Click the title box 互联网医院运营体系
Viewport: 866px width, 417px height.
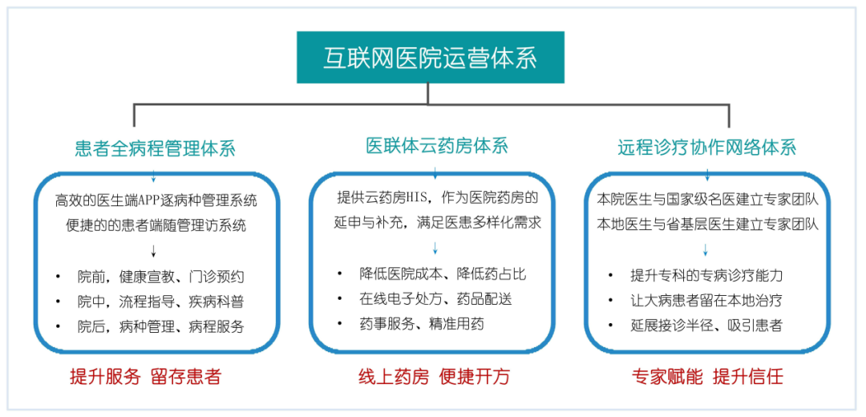[431, 57]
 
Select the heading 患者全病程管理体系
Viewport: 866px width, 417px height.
[155, 148]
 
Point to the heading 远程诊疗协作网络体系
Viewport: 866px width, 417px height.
[706, 148]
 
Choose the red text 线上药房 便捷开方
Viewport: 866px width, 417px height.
[434, 376]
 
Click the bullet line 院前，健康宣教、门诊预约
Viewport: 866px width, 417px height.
[160, 277]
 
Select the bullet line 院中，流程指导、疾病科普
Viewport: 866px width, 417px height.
[160, 302]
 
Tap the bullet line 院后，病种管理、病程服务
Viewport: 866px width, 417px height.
[160, 327]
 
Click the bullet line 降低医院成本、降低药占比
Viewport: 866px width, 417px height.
[443, 274]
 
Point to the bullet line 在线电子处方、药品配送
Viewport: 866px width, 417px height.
[435, 299]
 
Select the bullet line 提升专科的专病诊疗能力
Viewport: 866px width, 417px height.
[706, 275]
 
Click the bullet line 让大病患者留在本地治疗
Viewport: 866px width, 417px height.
[706, 300]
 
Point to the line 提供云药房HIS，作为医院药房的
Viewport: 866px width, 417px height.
[437, 197]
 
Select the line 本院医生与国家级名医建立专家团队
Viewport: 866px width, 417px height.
[708, 198]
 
